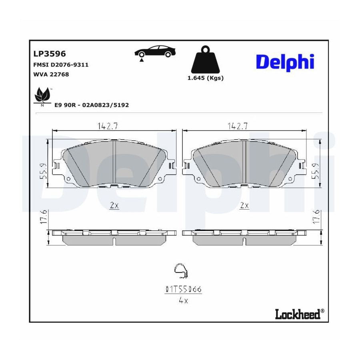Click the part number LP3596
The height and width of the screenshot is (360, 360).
tap(50, 54)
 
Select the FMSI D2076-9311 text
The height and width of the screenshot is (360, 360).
tap(61, 65)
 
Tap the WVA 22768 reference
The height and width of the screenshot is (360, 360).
tap(51, 74)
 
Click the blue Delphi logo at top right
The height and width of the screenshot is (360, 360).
tap(285, 62)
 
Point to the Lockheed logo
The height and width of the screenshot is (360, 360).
tap(300, 314)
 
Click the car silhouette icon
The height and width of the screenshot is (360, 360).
tap(155, 51)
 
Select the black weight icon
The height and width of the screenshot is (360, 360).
tap(206, 60)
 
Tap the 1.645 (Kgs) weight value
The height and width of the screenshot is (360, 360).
tap(206, 78)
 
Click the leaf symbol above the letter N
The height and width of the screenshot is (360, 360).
tap(42, 94)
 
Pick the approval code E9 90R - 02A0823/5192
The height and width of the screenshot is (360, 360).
tap(92, 105)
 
